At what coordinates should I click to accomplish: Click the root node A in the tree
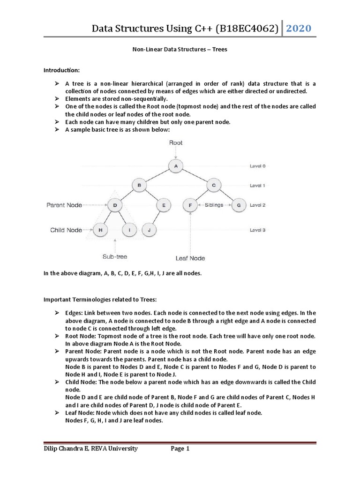[x=176, y=165]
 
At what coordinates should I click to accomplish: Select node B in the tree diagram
[x=139, y=185]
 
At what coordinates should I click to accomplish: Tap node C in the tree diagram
[x=213, y=185]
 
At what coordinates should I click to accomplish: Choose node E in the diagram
[x=164, y=205]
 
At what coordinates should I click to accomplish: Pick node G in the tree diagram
[x=238, y=205]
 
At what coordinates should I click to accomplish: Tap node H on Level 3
[x=100, y=230]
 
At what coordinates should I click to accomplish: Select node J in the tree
[x=149, y=230]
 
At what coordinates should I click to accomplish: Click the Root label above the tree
[x=176, y=142]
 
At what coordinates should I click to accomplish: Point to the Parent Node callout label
[x=65, y=205]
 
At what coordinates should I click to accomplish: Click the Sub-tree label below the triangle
[x=115, y=256]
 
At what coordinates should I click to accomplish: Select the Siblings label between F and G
[x=214, y=205]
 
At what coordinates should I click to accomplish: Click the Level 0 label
[x=257, y=166]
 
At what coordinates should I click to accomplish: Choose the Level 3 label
[x=257, y=230]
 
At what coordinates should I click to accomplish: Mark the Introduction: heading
[x=62, y=70]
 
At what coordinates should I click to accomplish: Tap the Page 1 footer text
[x=180, y=449]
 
